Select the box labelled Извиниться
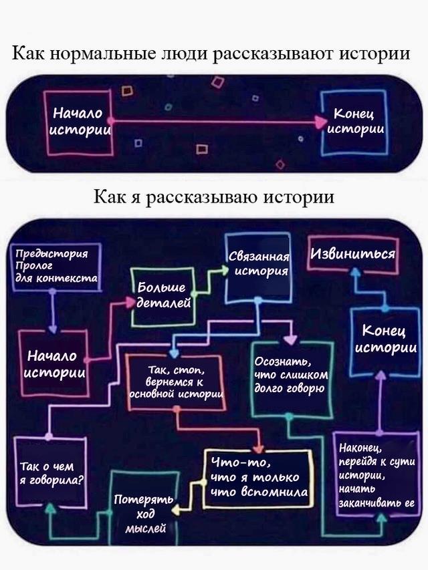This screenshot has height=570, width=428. [352, 254]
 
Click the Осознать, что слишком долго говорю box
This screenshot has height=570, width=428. [291, 377]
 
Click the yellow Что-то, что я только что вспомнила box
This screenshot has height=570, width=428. [258, 478]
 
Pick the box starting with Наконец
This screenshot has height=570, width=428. [377, 475]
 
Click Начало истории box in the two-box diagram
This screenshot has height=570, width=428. [77, 120]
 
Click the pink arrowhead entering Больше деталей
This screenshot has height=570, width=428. [130, 302]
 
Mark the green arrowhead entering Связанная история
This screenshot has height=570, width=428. [223, 271]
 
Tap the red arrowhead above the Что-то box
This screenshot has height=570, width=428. [258, 448]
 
